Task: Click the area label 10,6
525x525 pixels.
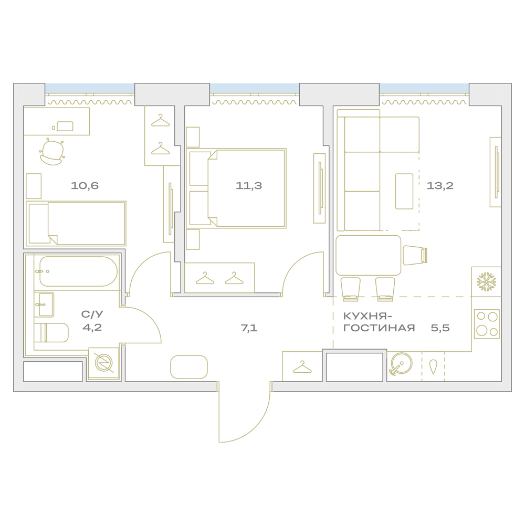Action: pos(85,185)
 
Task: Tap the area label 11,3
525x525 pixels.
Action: pos(249,185)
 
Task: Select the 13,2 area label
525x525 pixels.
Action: pos(440,185)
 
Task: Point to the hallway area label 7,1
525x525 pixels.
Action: pos(249,328)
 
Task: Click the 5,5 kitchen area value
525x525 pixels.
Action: pos(440,328)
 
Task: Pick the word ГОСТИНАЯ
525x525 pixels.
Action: pos(379,328)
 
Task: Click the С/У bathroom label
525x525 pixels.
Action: pos(92,314)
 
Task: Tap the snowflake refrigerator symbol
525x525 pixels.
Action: pos(487,281)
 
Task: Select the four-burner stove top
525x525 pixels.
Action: pos(487,324)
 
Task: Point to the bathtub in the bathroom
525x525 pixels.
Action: pos(78,271)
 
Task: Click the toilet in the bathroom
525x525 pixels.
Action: pos(51,332)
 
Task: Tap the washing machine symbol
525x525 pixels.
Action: pos(104,363)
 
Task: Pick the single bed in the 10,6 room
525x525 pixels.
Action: pos(76,223)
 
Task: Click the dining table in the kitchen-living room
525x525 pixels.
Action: pos(369,255)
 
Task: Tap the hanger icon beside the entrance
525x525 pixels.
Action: pos(302,367)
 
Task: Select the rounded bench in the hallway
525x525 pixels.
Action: pos(189,367)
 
